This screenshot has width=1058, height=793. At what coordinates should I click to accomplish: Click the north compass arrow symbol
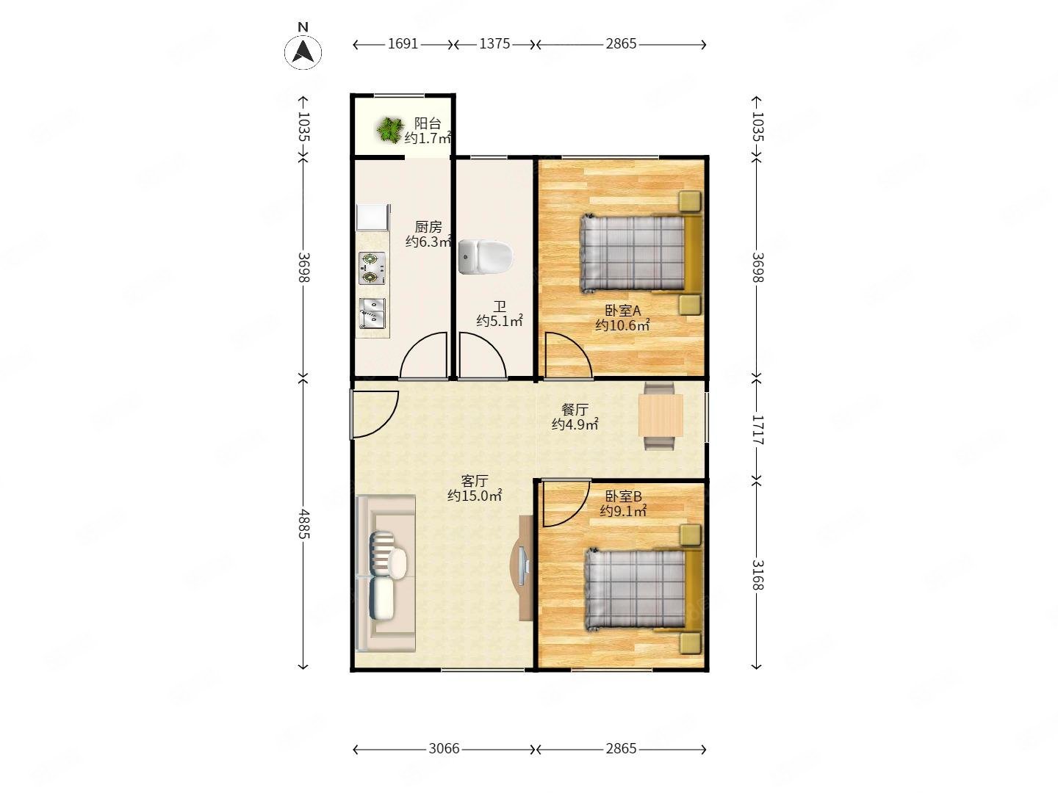303,52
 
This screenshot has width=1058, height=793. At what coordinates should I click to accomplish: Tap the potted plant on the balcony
389,130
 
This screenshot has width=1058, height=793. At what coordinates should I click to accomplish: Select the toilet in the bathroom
486,257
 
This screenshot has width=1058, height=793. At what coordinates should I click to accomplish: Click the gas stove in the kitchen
372,268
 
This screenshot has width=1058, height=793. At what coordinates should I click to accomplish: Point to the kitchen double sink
372,313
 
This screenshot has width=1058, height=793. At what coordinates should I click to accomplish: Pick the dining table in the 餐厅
661,415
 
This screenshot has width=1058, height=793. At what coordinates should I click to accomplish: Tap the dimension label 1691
403,44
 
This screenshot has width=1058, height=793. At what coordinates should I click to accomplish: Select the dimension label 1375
494,44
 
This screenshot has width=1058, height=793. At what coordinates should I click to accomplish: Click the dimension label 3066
444,749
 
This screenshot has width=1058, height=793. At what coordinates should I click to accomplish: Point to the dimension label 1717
757,430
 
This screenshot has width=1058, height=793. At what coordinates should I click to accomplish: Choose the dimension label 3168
757,575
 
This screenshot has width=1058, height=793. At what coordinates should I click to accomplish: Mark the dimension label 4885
303,524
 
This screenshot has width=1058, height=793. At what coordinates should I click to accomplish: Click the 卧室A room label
622,311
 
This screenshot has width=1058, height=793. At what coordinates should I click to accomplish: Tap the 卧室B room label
623,496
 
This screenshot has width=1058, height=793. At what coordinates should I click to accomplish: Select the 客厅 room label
475,480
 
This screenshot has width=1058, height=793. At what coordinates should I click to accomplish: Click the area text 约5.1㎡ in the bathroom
500,321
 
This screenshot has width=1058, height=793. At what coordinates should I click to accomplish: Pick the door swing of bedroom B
566,503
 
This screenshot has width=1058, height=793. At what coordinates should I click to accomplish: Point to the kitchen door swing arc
423,355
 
